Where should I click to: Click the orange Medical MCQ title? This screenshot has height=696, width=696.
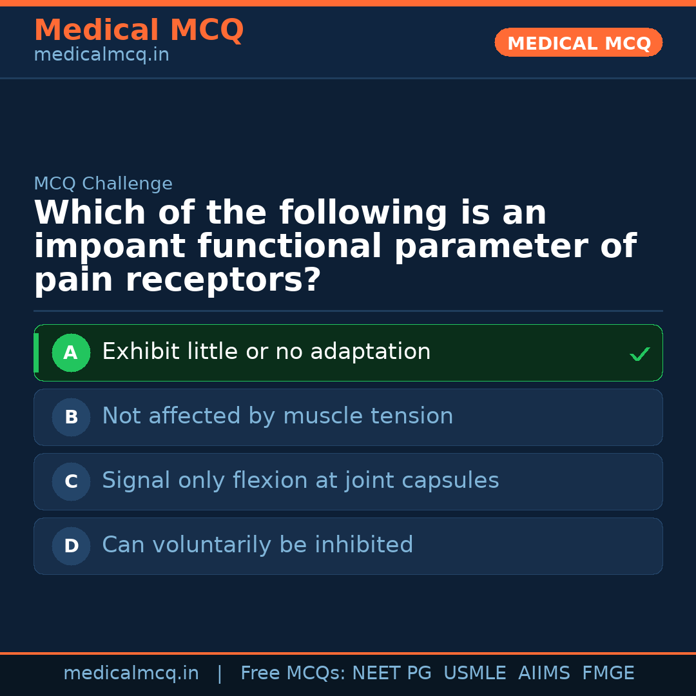[x=139, y=30]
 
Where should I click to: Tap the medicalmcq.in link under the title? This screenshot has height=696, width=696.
[x=101, y=55]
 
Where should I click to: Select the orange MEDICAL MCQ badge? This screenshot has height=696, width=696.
[x=579, y=43]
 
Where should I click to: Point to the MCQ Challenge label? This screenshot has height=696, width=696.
[x=103, y=184]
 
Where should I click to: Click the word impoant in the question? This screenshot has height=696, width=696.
[x=111, y=247]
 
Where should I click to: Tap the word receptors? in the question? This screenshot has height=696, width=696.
[x=223, y=280]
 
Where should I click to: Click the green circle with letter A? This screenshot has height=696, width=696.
[x=71, y=353]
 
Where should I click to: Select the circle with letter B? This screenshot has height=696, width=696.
[x=71, y=417]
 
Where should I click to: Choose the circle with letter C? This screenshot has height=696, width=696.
[x=71, y=481]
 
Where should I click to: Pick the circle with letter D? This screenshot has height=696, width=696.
[x=71, y=546]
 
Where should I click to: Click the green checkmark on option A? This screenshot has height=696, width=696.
[x=639, y=354]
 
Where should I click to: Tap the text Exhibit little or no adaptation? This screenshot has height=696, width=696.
[x=266, y=352]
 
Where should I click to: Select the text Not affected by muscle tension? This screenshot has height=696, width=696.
[x=277, y=416]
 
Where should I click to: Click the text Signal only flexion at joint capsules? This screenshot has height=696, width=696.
[x=300, y=481]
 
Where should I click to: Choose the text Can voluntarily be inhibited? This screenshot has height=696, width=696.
[x=257, y=545]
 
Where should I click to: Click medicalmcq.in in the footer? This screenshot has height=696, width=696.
[x=131, y=673]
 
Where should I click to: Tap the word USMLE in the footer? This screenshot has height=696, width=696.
[x=475, y=673]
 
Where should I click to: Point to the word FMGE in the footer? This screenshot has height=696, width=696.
[x=608, y=673]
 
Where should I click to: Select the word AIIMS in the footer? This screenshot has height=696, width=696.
[x=544, y=673]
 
